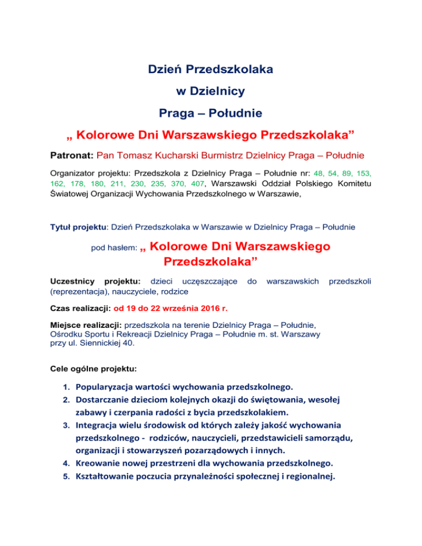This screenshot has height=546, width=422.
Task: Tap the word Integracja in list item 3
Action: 102,425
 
